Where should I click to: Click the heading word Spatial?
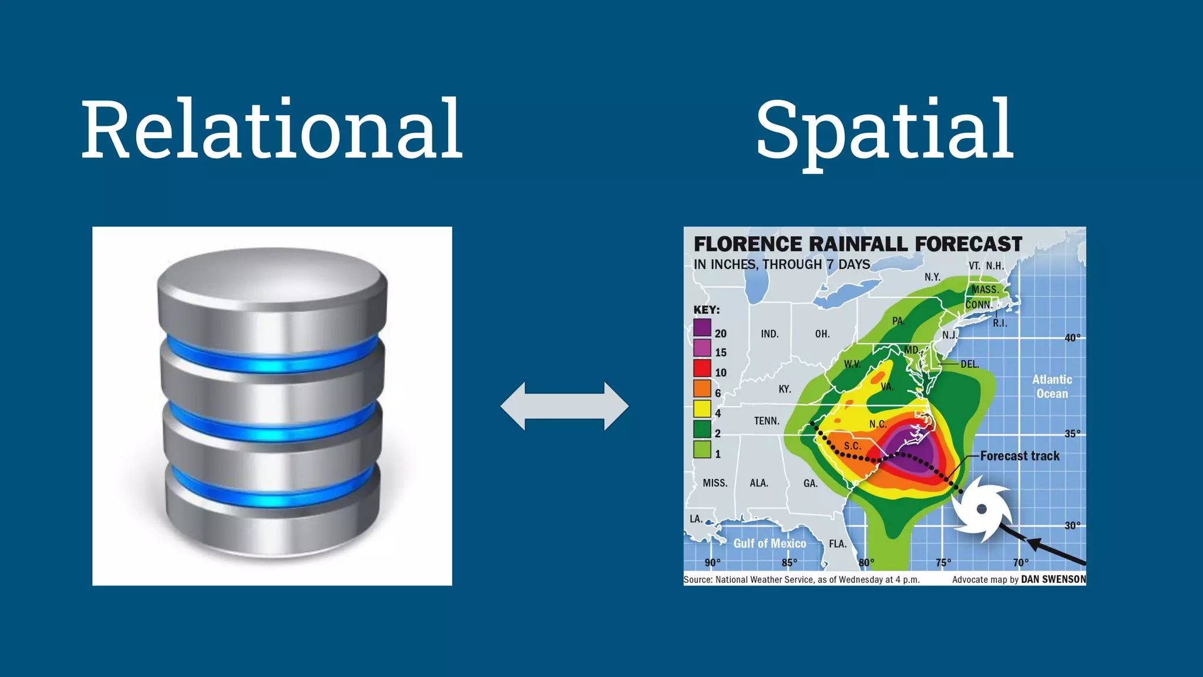[885, 130]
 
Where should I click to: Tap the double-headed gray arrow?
[564, 406]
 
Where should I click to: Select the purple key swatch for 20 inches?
[702, 327]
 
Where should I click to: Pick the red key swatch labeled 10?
[702, 368]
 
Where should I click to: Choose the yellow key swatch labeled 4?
[702, 408]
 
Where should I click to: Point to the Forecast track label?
[1020, 456]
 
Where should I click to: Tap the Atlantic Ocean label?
[1052, 387]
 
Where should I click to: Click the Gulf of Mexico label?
[769, 544]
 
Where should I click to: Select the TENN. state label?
[767, 421]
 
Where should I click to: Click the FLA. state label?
[838, 544]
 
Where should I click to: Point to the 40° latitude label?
[1073, 338]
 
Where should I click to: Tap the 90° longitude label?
[712, 563]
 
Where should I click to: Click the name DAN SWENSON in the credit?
[1053, 579]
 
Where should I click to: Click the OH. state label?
[822, 334]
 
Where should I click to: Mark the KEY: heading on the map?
[706, 310]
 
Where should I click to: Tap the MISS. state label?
[715, 483]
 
